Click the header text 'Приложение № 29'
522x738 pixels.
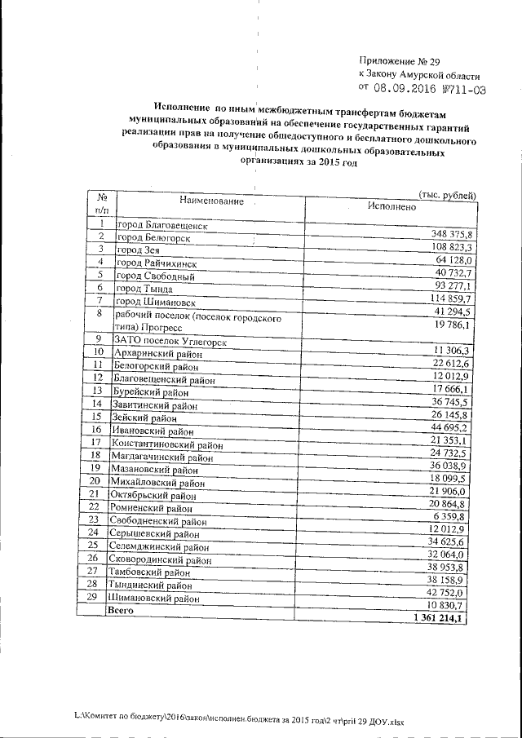click(x=399, y=60)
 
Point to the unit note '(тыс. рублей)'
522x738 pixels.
click(x=446, y=194)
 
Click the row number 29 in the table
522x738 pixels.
click(x=92, y=597)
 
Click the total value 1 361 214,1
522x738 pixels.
click(x=441, y=620)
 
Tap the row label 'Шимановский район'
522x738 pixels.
click(x=153, y=599)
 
